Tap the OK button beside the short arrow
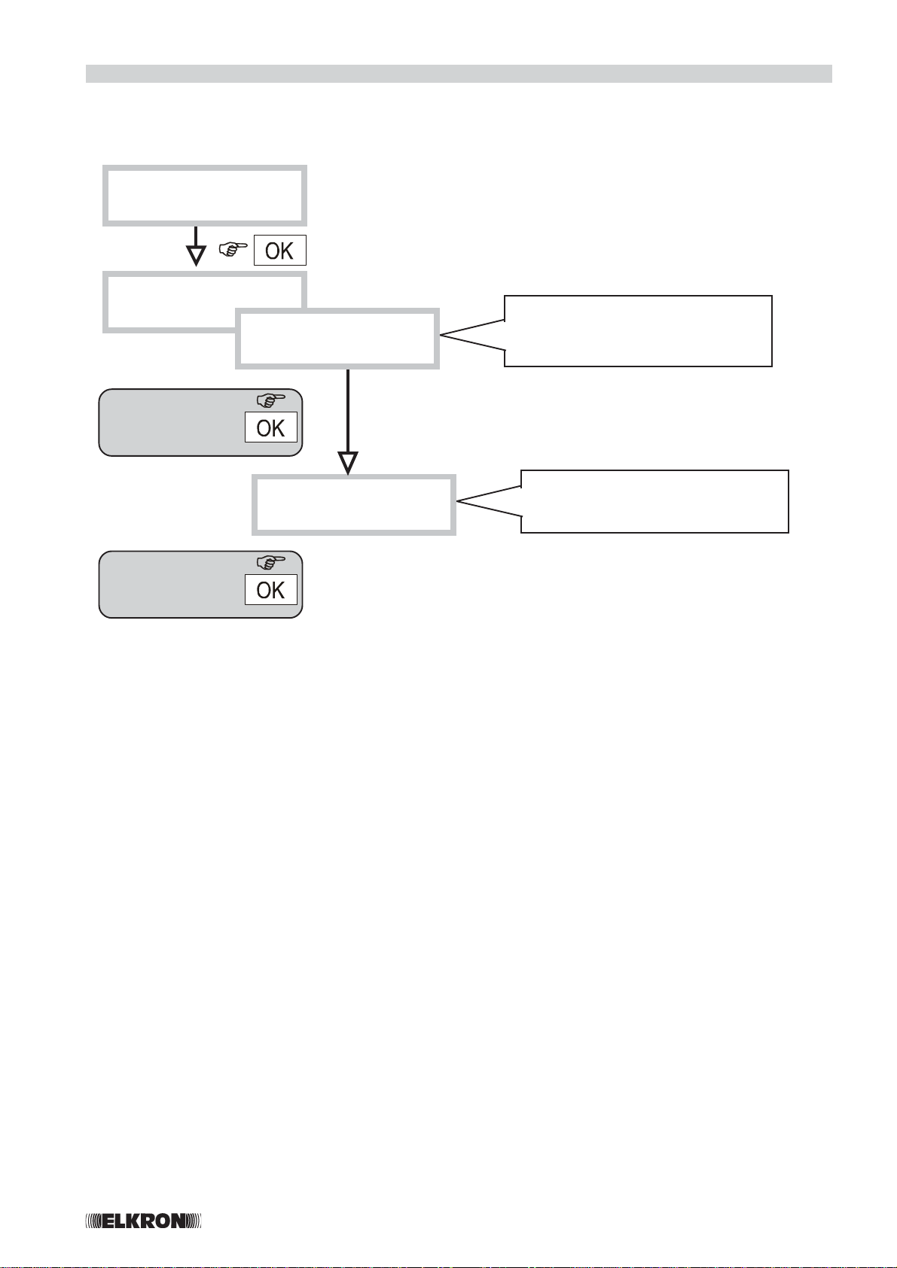(279, 251)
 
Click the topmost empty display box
(204, 195)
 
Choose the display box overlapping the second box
(337, 339)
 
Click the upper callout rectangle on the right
(637, 331)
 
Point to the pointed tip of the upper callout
(443, 336)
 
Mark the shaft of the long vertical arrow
(348, 410)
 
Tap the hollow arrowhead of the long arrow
(348, 462)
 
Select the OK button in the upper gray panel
(270, 427)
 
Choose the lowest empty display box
(353, 504)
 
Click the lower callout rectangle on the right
(654, 501)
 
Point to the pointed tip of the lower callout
(459, 502)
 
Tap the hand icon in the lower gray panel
(272, 561)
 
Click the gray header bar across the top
(458, 73)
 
